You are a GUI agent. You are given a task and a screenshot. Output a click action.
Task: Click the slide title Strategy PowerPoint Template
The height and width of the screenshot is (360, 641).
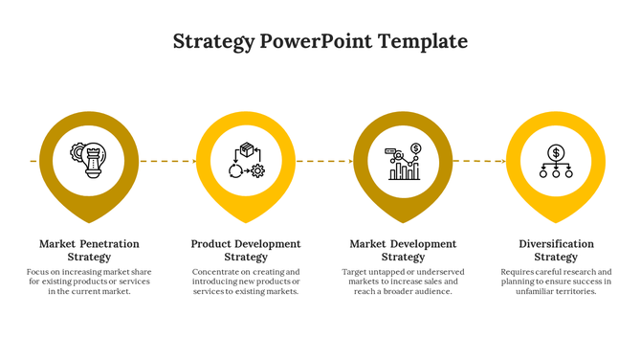(x=320, y=42)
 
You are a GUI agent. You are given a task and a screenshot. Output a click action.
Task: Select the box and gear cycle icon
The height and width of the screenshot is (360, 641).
(x=246, y=160)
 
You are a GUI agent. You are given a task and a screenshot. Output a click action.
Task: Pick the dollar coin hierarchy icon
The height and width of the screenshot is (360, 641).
(x=556, y=161)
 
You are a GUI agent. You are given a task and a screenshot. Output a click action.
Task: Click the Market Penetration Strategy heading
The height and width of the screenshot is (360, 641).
(x=90, y=250)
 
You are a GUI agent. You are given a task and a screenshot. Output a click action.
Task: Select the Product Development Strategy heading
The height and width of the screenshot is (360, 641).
(x=246, y=250)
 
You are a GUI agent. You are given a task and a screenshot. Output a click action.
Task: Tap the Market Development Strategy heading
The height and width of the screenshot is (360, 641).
(x=403, y=250)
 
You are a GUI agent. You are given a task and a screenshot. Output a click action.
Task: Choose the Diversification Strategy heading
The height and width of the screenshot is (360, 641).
(x=556, y=250)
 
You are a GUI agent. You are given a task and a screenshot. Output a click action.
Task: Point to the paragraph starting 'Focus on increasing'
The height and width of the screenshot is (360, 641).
(x=90, y=281)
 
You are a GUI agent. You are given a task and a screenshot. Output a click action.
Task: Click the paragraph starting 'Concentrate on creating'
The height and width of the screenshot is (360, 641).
(x=246, y=281)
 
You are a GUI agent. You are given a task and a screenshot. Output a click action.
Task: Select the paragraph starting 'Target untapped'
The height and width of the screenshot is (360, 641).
(x=403, y=281)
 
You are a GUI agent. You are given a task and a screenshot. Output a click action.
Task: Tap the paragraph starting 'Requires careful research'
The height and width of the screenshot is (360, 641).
(x=556, y=281)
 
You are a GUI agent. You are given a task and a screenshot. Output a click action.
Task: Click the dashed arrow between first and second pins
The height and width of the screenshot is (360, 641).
(x=167, y=162)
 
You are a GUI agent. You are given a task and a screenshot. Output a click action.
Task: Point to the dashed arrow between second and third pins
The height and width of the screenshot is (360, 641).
(x=323, y=162)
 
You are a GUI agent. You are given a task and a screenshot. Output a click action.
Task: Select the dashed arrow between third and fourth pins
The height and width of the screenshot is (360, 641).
(x=478, y=162)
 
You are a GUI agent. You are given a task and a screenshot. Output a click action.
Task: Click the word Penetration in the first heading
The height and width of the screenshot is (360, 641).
(x=108, y=244)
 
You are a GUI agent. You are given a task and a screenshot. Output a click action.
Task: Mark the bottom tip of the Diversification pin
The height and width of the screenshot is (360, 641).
(x=556, y=222)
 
